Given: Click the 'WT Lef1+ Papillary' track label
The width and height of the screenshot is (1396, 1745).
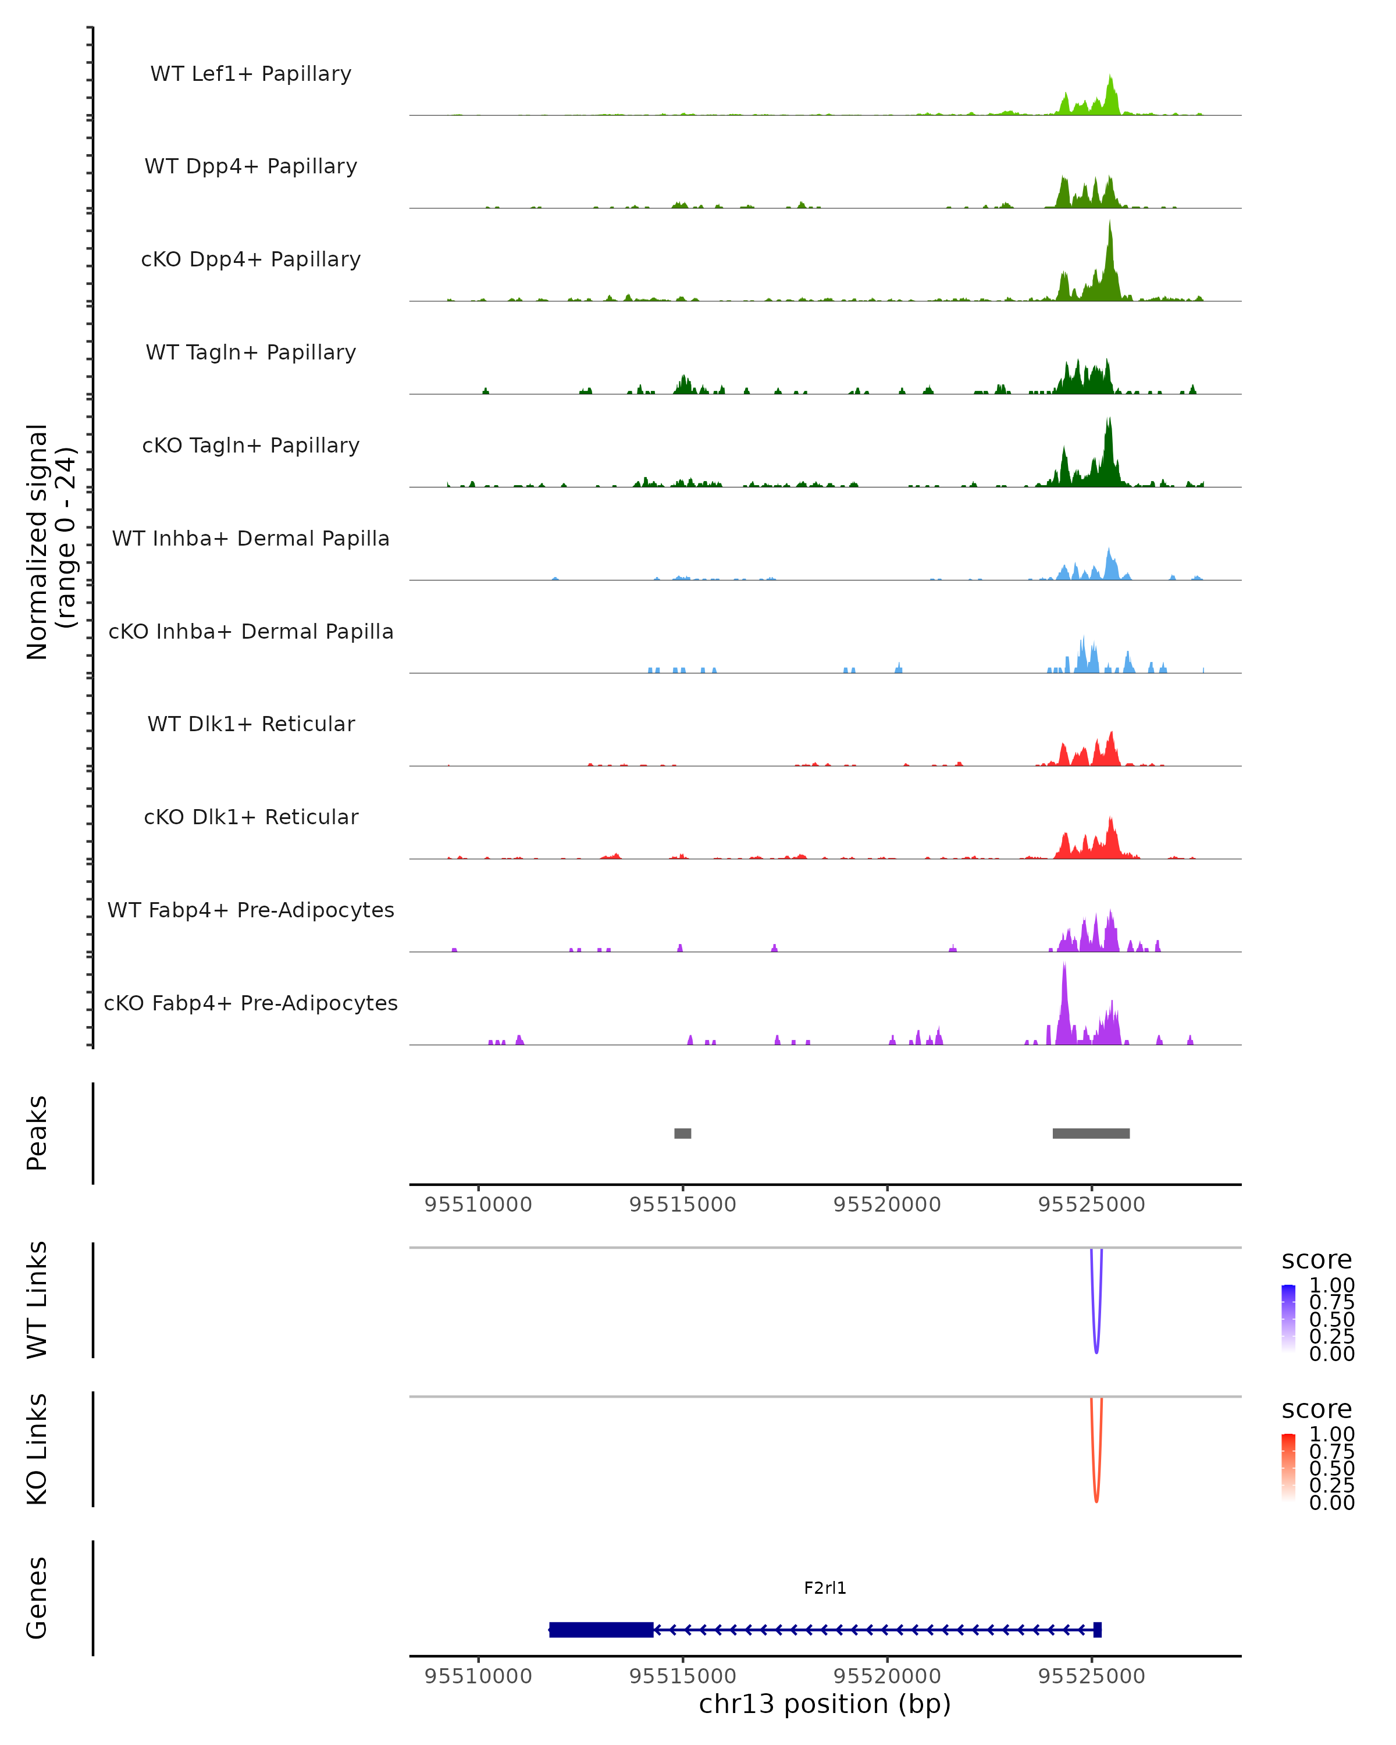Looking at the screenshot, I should point(251,74).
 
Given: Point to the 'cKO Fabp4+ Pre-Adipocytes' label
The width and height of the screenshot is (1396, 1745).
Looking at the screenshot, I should point(251,1003).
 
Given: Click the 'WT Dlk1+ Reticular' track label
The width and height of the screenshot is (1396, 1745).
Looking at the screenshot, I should point(251,724).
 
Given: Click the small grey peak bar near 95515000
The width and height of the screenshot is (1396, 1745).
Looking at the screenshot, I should point(682,1133).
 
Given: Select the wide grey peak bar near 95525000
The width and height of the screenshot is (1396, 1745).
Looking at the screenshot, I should point(1091,1133).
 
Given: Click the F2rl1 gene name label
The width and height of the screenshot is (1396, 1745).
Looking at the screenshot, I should point(825,1588).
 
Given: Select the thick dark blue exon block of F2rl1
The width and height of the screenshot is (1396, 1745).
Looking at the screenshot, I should point(601,1630).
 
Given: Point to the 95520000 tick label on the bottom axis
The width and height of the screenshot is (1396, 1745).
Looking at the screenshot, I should point(887,1676).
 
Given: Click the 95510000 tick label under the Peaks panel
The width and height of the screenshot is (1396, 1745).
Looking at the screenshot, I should point(478,1205).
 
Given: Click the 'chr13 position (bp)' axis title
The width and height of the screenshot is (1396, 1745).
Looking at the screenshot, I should point(825,1704).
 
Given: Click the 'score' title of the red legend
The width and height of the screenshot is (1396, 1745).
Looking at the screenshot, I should point(1317,1409).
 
